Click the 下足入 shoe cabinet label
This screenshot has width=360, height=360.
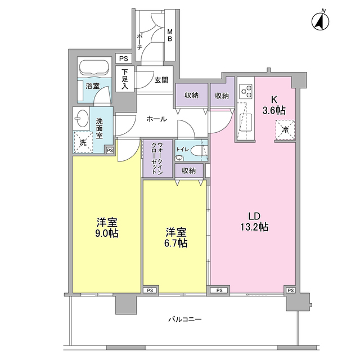[124, 80]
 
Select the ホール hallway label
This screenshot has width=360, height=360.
[156, 119]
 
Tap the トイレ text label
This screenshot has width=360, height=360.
[181, 150]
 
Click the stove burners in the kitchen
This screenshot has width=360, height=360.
[246, 89]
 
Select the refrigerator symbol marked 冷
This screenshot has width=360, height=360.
[285, 129]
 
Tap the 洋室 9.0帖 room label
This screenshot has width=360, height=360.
[106, 227]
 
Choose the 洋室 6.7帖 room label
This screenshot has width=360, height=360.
[175, 237]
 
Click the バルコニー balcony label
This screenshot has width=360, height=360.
[184, 319]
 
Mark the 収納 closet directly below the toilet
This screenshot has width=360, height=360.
[188, 170]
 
